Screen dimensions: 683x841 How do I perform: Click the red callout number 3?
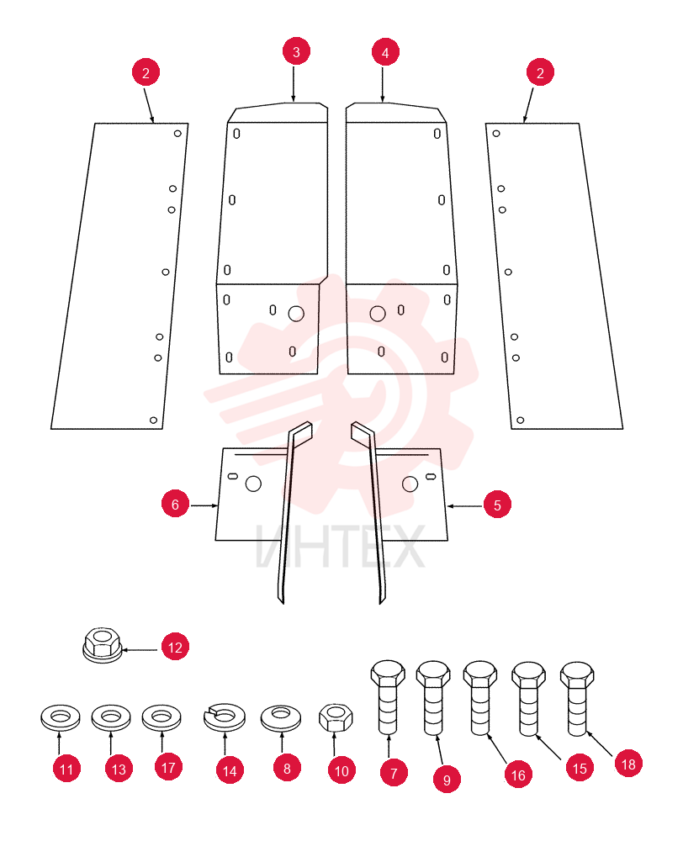296,51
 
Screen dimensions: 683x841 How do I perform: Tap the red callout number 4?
385,52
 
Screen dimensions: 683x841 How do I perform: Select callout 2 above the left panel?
146,72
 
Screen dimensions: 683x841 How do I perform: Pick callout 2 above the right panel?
540,72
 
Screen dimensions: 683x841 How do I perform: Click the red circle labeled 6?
176,504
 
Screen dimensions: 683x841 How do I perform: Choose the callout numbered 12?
176,647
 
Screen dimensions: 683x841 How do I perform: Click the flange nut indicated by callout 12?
103,644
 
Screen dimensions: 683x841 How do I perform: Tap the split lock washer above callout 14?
225,717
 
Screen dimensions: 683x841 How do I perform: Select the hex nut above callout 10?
336,717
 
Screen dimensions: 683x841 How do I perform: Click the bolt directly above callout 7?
388,697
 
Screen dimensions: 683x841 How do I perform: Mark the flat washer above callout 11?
60,717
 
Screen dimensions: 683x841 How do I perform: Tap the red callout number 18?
628,764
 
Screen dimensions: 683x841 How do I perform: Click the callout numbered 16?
518,775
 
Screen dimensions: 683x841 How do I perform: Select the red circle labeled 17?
168,767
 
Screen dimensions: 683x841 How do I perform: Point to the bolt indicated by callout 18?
577,699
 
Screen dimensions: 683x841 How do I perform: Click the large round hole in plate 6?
253,484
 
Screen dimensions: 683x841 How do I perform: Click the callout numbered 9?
447,780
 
